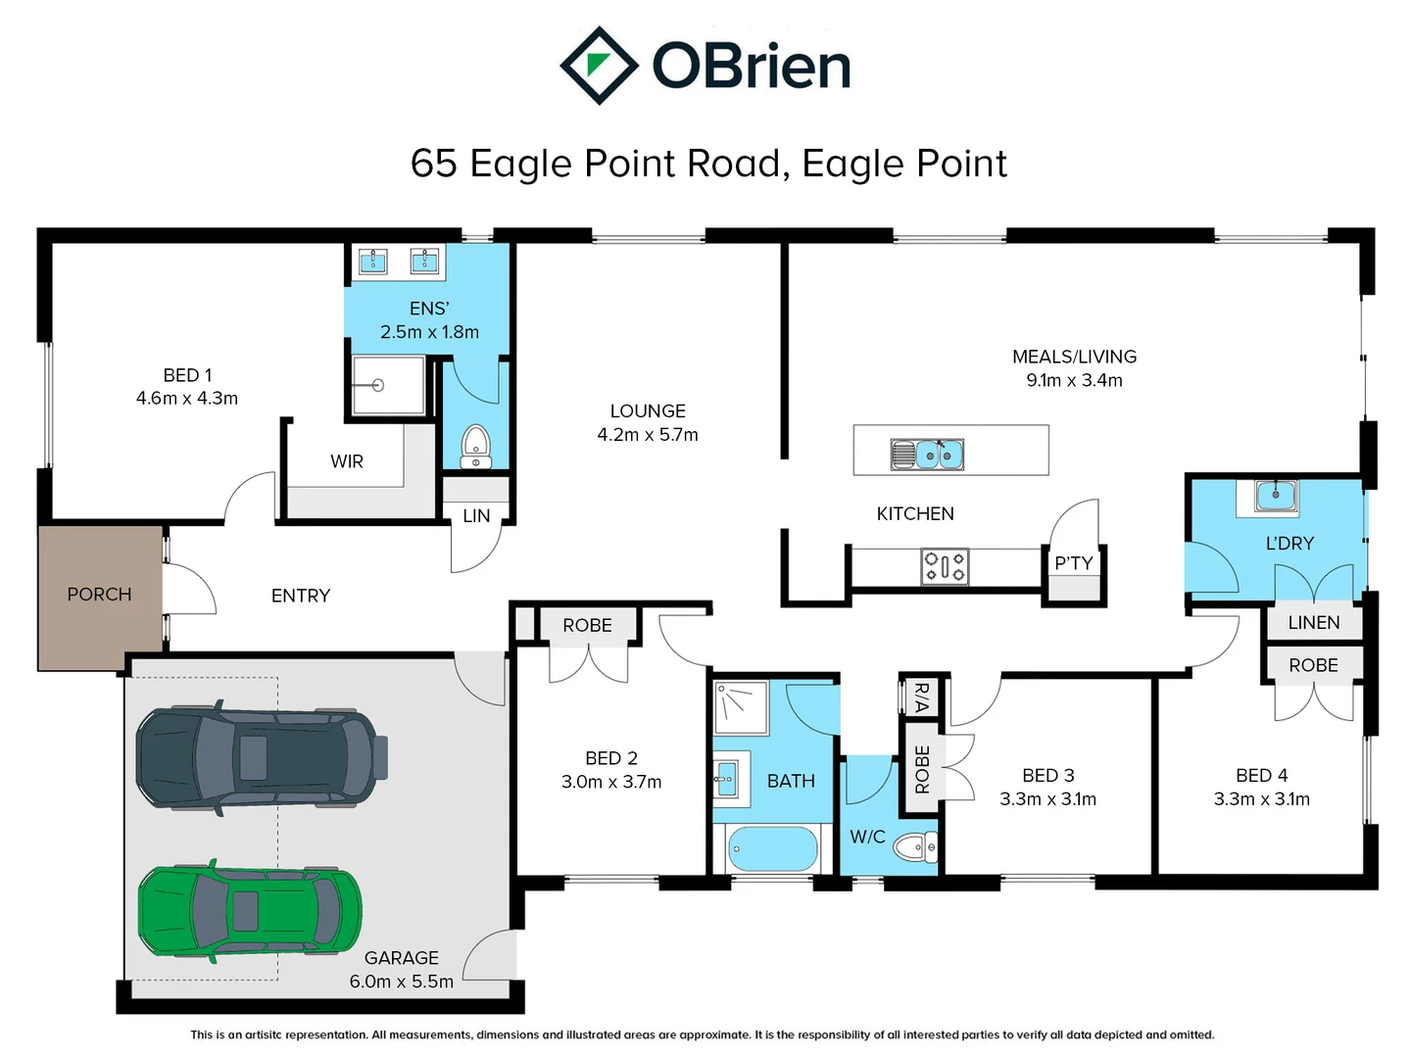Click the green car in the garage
click(x=250, y=911)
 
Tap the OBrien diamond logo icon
click(x=599, y=66)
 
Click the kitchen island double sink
click(x=927, y=455)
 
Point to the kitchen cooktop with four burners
click(x=945, y=566)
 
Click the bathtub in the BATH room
click(x=773, y=849)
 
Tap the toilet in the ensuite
click(x=476, y=447)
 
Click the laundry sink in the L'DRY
click(x=1276, y=496)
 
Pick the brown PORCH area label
click(x=99, y=595)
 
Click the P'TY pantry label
click(x=1073, y=563)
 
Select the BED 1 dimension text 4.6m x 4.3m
click(x=187, y=399)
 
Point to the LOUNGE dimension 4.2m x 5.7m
click(x=648, y=435)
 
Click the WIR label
click(x=347, y=461)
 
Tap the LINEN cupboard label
click(x=1313, y=623)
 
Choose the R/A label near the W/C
click(x=920, y=697)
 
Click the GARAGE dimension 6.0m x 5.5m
click(x=402, y=982)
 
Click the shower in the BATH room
click(x=741, y=707)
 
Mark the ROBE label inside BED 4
click(x=1313, y=665)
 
